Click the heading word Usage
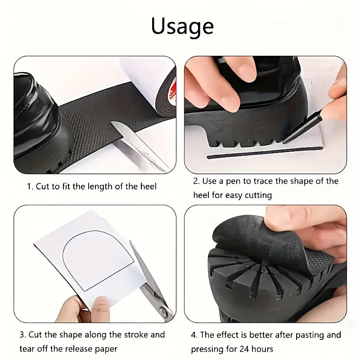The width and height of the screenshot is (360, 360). (182, 26)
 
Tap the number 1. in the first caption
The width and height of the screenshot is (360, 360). (30, 186)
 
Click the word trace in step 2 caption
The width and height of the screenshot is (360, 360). (266, 181)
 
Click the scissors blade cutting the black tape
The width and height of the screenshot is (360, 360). (135, 144)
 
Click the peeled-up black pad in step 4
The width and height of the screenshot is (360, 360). (261, 243)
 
